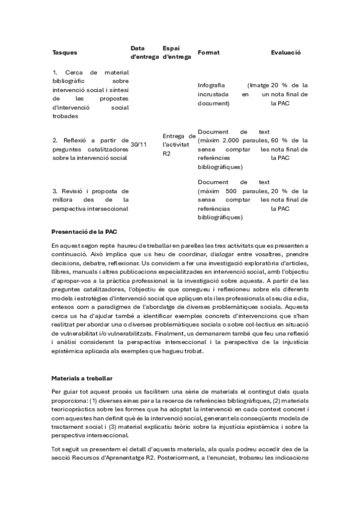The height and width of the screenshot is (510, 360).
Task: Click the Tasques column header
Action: [64, 52]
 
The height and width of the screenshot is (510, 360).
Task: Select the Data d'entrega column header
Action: [144, 52]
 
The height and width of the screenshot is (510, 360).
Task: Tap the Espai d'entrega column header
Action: [177, 52]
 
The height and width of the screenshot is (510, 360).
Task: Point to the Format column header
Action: [209, 52]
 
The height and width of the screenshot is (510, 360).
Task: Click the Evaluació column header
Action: [286, 52]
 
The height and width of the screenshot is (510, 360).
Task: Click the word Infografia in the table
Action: [212, 85]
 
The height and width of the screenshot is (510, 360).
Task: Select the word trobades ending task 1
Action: [66, 116]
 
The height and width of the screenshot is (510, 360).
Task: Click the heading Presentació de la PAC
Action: [84, 231]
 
